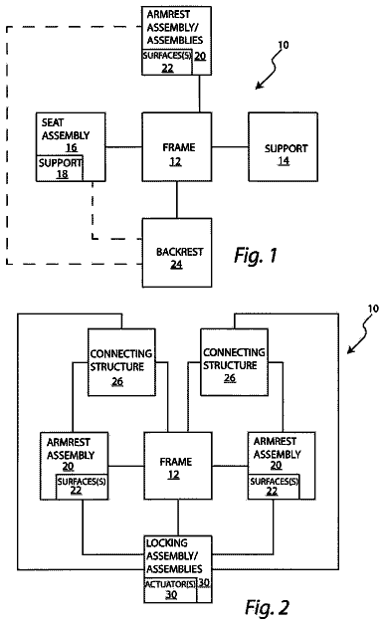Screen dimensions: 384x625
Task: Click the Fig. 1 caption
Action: (256, 255)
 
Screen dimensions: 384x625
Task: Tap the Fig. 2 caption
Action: (267, 607)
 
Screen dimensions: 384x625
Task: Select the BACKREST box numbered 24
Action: (177, 253)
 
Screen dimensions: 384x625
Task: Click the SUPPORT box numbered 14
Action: (284, 147)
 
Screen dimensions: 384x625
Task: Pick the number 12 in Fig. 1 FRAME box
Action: (175, 161)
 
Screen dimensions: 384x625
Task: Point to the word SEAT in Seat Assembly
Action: (53, 122)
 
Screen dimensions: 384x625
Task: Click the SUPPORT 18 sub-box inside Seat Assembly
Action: (60, 168)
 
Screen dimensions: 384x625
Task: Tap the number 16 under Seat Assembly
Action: (72, 147)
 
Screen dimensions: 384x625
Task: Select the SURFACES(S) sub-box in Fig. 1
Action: (167, 62)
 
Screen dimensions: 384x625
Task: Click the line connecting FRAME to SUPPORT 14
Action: (230, 147)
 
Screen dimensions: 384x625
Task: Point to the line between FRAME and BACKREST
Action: (177, 200)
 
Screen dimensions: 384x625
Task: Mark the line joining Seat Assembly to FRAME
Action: (124, 147)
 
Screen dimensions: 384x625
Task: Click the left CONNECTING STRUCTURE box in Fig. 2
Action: (121, 362)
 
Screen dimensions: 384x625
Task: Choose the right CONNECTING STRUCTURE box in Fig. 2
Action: (234, 362)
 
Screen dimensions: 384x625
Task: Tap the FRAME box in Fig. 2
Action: (178, 466)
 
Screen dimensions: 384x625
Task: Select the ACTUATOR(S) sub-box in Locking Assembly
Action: (170, 590)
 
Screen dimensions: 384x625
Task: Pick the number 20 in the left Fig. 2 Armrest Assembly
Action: (68, 466)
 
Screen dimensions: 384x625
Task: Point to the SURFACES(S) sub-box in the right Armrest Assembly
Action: (274, 487)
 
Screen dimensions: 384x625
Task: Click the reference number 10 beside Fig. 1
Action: (283, 45)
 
